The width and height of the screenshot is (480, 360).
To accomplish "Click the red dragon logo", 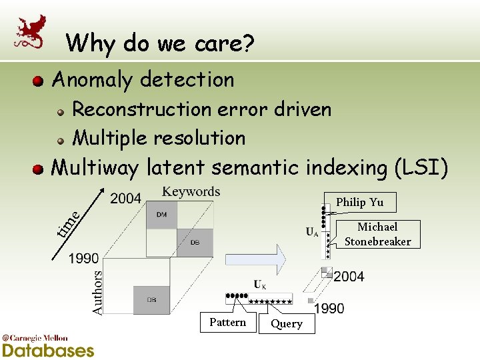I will [31, 31].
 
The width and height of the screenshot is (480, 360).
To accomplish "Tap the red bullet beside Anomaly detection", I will [39, 81].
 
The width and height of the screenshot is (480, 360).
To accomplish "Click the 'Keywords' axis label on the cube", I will [191, 192].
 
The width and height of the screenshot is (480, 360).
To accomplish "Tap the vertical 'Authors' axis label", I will [97, 291].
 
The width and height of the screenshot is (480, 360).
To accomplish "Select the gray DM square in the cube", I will [162, 215].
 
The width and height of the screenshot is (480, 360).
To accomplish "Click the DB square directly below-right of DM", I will [195, 243].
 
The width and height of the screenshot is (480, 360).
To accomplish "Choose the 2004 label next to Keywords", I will [126, 198].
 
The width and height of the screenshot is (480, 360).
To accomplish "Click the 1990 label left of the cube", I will [83, 259].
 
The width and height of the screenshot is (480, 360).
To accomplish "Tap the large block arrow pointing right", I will [256, 257].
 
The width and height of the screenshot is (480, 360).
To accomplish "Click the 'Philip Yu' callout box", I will [359, 202].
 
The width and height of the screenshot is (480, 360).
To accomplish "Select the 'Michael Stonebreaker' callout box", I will [377, 234].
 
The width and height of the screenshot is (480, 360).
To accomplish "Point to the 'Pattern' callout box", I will [228, 323].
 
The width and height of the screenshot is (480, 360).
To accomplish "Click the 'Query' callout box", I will [287, 324].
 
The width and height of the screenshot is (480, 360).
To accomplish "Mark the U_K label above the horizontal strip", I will [260, 285].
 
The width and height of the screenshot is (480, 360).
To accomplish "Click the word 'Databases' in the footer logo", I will [48, 350].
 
